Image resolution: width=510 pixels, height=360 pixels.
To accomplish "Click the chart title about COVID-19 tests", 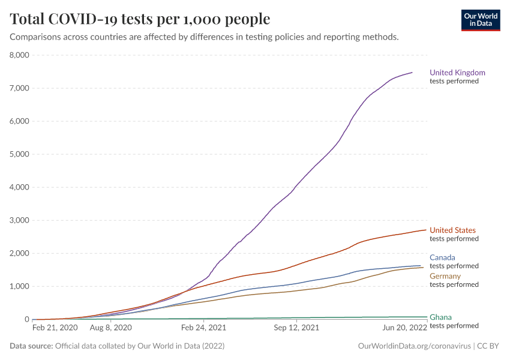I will click(140, 19).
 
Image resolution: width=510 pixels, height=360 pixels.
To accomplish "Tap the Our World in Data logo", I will click(480, 20).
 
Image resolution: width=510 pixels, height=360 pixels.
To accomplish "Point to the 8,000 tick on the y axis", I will click(20, 55).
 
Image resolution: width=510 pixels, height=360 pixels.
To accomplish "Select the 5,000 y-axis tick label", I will click(20, 154).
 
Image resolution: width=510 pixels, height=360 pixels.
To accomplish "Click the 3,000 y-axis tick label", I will click(20, 220).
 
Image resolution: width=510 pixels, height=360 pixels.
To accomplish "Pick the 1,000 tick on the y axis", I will click(20, 286).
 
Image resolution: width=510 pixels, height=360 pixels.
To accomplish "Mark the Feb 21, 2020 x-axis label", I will click(55, 328).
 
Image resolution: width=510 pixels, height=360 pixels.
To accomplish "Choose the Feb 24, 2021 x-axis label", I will click(203, 328).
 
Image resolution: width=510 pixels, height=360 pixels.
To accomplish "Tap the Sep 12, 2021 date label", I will click(296, 328).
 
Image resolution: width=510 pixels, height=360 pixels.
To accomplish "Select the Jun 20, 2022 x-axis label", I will click(405, 328).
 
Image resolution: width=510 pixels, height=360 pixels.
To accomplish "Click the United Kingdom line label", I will click(457, 73).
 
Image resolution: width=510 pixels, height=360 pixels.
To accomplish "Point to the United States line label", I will click(452, 230).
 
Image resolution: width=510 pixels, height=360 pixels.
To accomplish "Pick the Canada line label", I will click(442, 257).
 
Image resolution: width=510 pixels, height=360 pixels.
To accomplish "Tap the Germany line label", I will click(445, 276).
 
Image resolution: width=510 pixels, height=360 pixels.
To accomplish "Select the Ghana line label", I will click(440, 317).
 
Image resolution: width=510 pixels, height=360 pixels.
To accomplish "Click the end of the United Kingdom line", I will click(412, 73).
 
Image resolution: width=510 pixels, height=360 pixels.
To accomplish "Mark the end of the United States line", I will click(426, 230).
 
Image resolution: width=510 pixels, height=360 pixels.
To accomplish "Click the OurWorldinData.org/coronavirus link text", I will click(414, 346).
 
